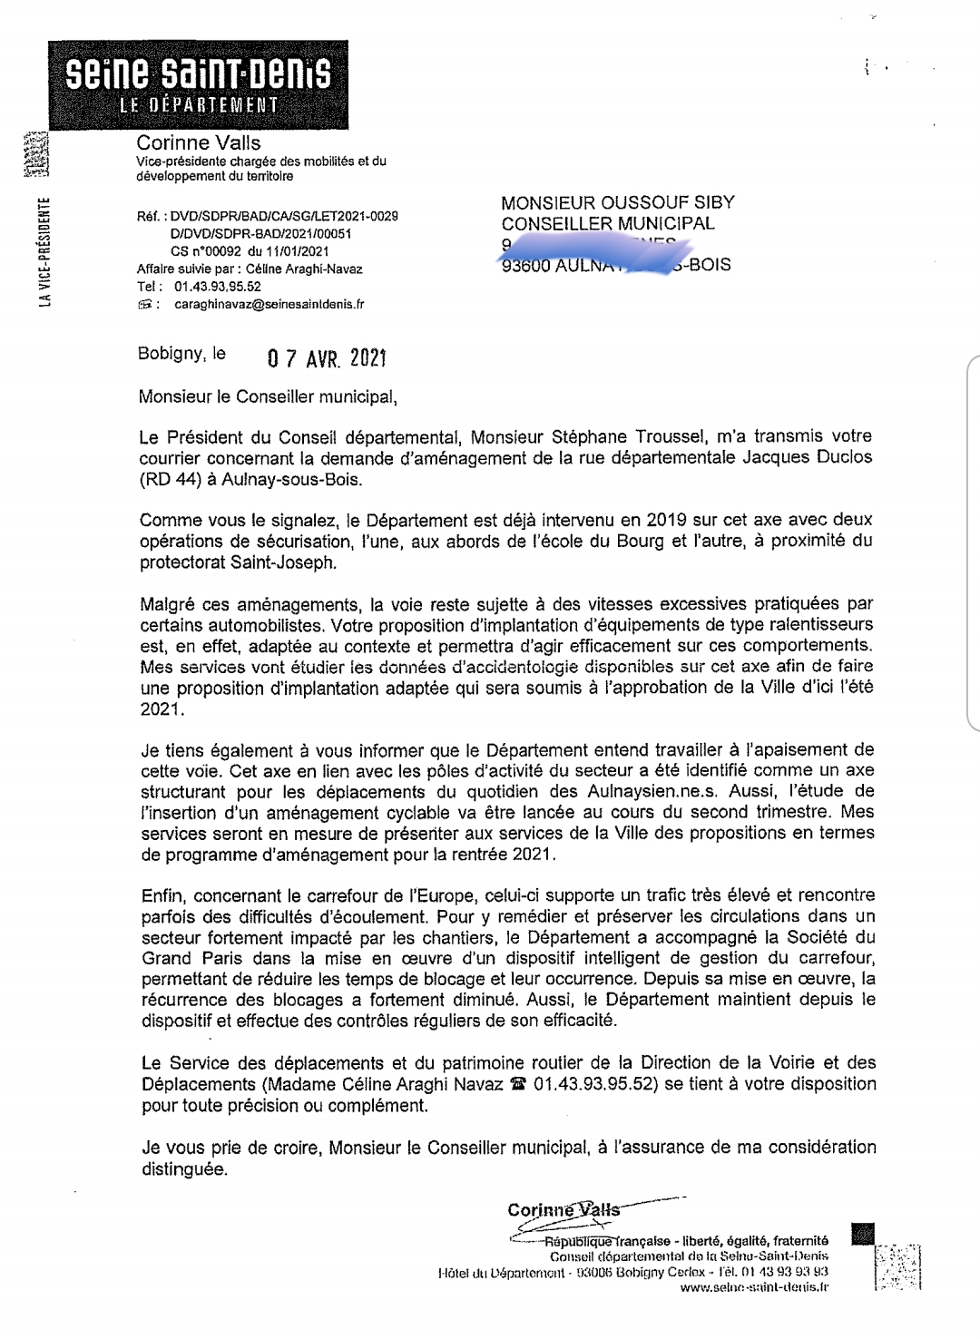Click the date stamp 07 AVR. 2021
point(327,358)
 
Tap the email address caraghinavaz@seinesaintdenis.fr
point(269,305)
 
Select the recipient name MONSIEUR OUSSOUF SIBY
point(618,202)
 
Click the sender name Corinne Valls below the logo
point(198,142)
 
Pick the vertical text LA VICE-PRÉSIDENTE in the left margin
point(44,253)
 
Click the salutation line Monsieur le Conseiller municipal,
point(268,396)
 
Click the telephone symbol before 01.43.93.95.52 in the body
point(519,1083)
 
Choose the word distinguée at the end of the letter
point(183,1169)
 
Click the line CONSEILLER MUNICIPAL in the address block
point(608,223)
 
